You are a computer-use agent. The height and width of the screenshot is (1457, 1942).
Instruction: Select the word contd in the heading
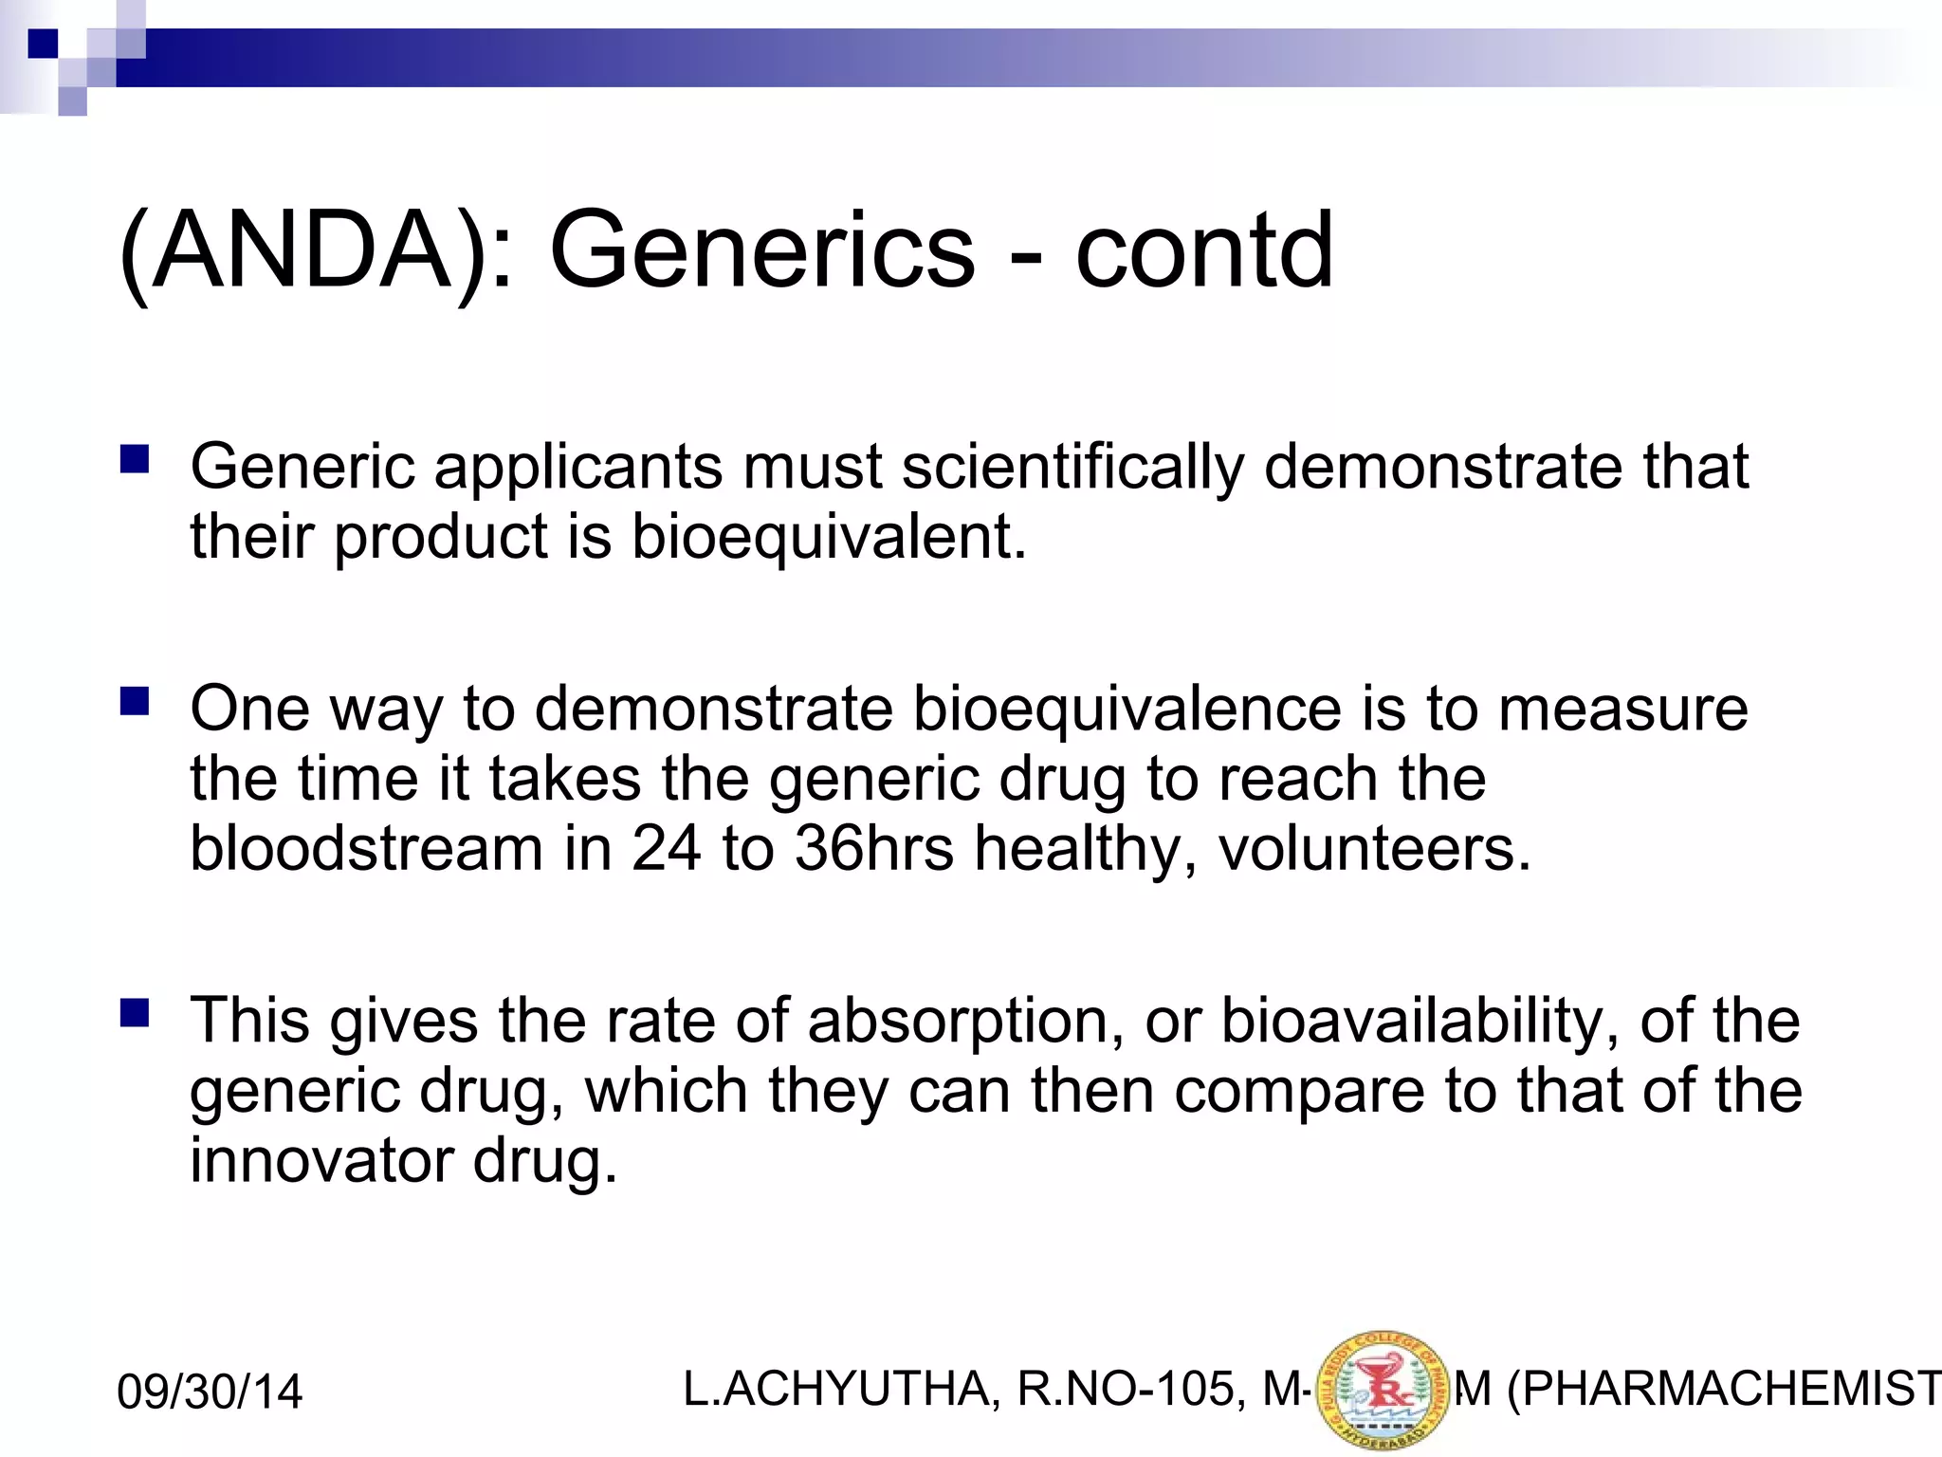pos(1203,251)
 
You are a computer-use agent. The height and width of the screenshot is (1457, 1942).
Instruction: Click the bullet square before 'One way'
pos(135,702)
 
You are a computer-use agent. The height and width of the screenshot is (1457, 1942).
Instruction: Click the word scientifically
pos(1072,468)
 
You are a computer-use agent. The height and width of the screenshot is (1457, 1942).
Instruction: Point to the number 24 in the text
pos(666,848)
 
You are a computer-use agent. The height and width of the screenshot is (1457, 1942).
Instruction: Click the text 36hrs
pos(873,848)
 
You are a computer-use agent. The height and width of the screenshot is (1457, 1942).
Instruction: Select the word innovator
pos(321,1160)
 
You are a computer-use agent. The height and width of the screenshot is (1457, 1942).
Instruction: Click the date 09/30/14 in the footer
pos(209,1392)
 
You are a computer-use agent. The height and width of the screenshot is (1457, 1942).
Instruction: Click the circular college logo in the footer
pos(1383,1391)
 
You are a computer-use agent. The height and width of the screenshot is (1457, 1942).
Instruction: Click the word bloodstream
pos(366,848)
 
